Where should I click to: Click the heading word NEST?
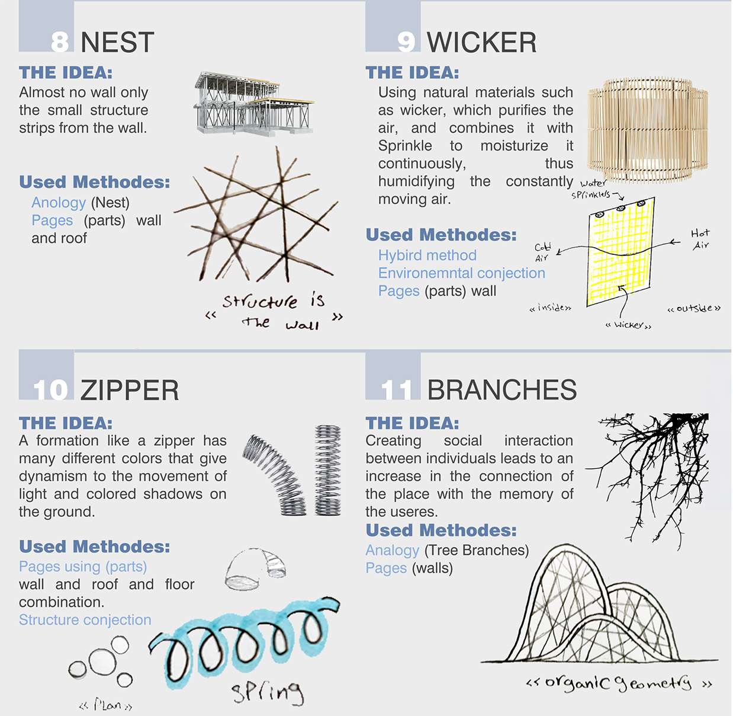click(x=117, y=42)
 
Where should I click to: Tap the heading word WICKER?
click(x=482, y=42)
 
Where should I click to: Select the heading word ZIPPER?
click(x=129, y=390)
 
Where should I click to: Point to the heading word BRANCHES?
click(x=501, y=390)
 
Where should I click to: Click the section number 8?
click(x=60, y=42)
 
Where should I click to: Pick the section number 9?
click(x=406, y=42)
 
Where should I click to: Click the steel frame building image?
click(x=254, y=103)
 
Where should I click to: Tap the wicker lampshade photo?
click(x=648, y=130)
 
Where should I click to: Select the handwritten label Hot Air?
click(x=700, y=239)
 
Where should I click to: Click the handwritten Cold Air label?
click(x=542, y=252)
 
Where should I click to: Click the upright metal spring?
click(x=327, y=470)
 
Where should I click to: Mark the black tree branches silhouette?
click(x=648, y=481)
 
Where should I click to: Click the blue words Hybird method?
click(x=427, y=255)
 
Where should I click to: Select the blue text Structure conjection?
click(x=85, y=620)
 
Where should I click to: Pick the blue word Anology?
click(x=59, y=203)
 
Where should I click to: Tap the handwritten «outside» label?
click(x=694, y=308)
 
